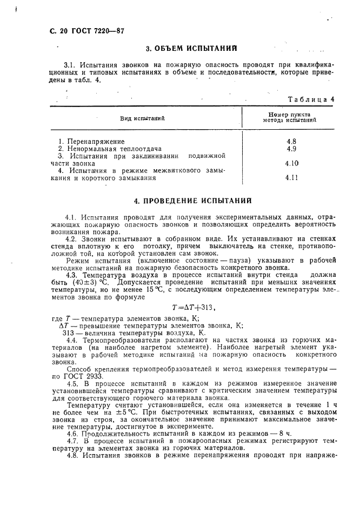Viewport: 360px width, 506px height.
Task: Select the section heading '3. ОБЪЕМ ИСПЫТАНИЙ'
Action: point(192,49)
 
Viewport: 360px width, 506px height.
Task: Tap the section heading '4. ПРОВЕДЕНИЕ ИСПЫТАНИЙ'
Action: point(192,201)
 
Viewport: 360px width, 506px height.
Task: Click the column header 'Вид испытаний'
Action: point(142,118)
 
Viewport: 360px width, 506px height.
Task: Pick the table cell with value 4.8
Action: point(292,141)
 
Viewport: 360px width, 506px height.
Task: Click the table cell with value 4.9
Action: point(292,148)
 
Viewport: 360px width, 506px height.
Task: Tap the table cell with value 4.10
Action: point(292,163)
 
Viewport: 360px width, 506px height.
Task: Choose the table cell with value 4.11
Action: point(292,177)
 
